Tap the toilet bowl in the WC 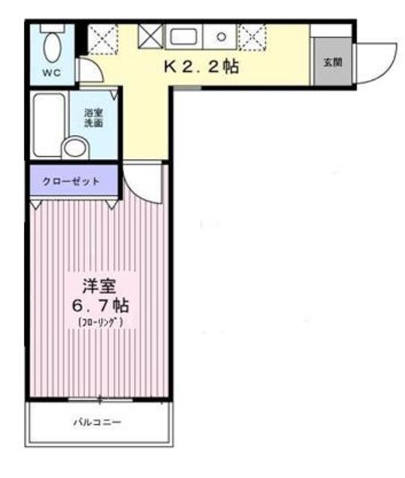[x=52, y=46]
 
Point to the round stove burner [x=221, y=35]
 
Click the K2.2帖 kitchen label [x=201, y=67]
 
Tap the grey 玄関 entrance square [x=332, y=61]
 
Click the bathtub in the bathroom [x=49, y=124]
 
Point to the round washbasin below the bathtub [x=74, y=147]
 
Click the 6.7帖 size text [x=99, y=305]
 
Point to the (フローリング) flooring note [x=99, y=323]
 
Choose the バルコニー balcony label [x=96, y=423]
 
